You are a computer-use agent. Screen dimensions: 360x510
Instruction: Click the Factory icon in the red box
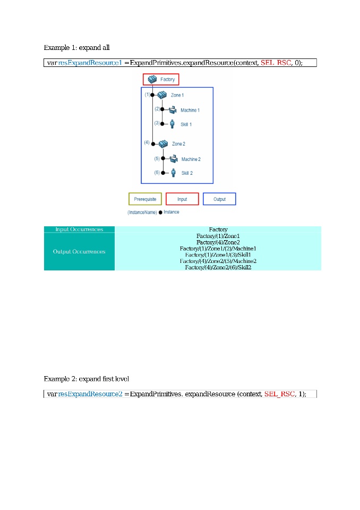point(152,79)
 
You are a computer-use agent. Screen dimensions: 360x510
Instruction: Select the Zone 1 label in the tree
point(177,95)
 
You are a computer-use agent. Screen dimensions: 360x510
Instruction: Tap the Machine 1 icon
point(173,110)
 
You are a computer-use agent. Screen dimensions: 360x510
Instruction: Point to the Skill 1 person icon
point(173,124)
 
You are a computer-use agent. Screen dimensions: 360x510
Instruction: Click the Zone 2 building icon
point(163,144)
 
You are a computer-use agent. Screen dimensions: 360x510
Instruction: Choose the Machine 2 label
point(191,159)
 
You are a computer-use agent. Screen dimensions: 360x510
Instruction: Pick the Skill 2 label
point(187,173)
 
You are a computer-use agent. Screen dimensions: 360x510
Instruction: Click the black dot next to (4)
point(153,144)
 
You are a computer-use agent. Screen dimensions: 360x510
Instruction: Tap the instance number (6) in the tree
point(157,173)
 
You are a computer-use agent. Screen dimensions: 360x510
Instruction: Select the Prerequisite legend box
point(145,199)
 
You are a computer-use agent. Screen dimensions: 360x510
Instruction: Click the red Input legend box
point(182,199)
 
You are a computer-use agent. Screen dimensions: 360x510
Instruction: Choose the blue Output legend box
point(219,199)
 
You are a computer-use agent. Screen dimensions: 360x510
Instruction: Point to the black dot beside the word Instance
point(160,212)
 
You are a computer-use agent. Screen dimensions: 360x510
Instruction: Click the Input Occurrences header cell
point(79,229)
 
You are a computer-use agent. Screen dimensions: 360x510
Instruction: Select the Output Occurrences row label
point(79,251)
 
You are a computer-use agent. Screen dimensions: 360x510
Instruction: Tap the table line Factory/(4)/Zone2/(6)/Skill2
point(218,267)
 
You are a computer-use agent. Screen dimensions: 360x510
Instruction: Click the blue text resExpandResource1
point(90,63)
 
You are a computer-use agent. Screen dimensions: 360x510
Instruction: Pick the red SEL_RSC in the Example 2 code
point(280,394)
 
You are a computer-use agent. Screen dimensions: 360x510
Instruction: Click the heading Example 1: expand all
point(77,47)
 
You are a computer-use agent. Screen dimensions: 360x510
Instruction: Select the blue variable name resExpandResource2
point(90,394)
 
